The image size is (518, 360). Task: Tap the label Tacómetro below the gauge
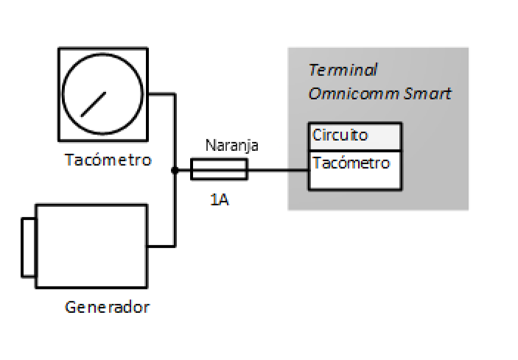108,160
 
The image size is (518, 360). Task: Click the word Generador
108,306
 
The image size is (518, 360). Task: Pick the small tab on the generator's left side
28,247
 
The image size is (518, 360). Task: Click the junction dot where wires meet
175,171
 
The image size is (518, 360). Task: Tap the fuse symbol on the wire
220,171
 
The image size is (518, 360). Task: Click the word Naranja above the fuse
232,146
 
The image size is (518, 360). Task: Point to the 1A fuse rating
219,199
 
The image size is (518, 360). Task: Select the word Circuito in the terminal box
340,136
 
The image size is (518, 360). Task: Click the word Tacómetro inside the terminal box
351,163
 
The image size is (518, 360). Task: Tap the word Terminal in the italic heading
343,71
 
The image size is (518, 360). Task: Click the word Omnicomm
354,94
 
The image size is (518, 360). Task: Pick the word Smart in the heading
427,94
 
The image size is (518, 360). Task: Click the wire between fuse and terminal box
277,171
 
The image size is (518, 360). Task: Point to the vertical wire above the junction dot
175,133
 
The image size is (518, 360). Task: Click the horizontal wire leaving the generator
161,246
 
